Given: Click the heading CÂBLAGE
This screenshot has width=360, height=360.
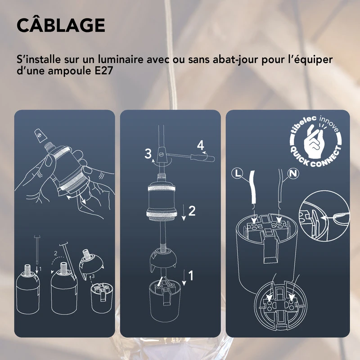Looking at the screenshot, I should pyautogui.click(x=60, y=26).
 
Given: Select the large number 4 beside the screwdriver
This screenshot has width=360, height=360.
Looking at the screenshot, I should pyautogui.click(x=200, y=145).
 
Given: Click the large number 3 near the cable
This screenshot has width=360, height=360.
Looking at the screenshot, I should pyautogui.click(x=148, y=153).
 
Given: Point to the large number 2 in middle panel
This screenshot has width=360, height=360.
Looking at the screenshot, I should pyautogui.click(x=192, y=211).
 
